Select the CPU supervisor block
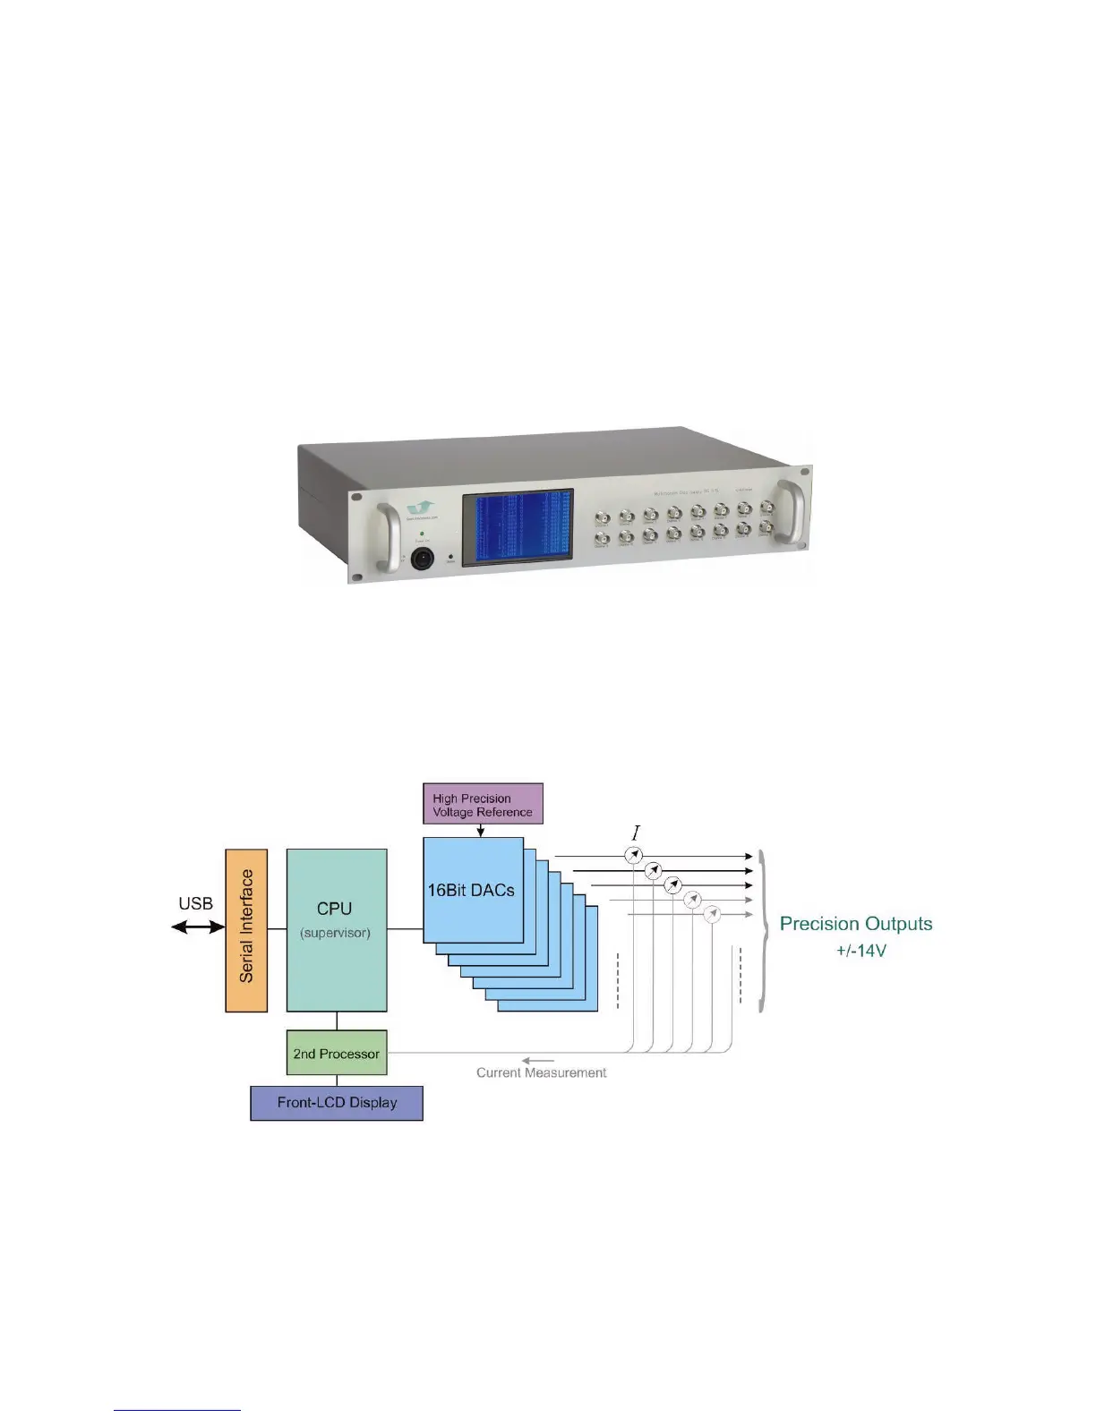(x=336, y=929)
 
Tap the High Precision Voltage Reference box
(x=483, y=804)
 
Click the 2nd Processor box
(x=336, y=1054)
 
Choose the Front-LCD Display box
(x=337, y=1103)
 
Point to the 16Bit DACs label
(x=471, y=891)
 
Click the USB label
(x=195, y=903)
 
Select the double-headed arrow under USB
(x=198, y=927)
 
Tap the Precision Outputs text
(x=856, y=924)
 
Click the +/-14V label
(x=861, y=951)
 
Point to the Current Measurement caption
(x=541, y=1072)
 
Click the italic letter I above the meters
(x=636, y=834)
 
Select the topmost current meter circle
(x=634, y=856)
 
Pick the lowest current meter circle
(x=712, y=914)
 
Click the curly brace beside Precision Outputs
(x=763, y=931)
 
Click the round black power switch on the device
(x=422, y=560)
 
